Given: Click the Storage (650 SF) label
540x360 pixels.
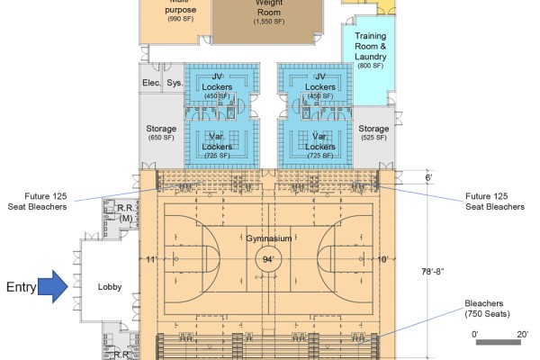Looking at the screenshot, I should click(x=161, y=133).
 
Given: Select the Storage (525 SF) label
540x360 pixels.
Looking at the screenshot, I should click(x=373, y=133).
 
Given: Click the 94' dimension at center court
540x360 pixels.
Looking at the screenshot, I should click(x=268, y=259).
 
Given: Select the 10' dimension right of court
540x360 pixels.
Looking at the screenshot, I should click(x=383, y=259).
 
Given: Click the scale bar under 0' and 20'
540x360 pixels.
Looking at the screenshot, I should click(x=494, y=342).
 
